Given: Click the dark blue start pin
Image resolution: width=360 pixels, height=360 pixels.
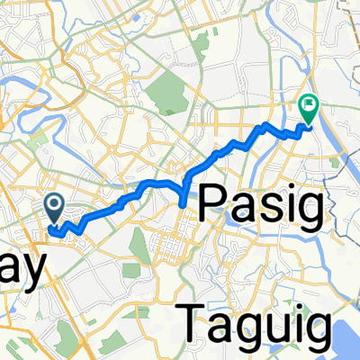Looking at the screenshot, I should point(55,209).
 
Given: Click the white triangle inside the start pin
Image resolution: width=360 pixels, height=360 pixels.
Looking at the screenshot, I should point(55,206).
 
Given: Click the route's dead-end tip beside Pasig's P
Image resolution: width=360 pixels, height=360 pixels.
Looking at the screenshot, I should point(184,206).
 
